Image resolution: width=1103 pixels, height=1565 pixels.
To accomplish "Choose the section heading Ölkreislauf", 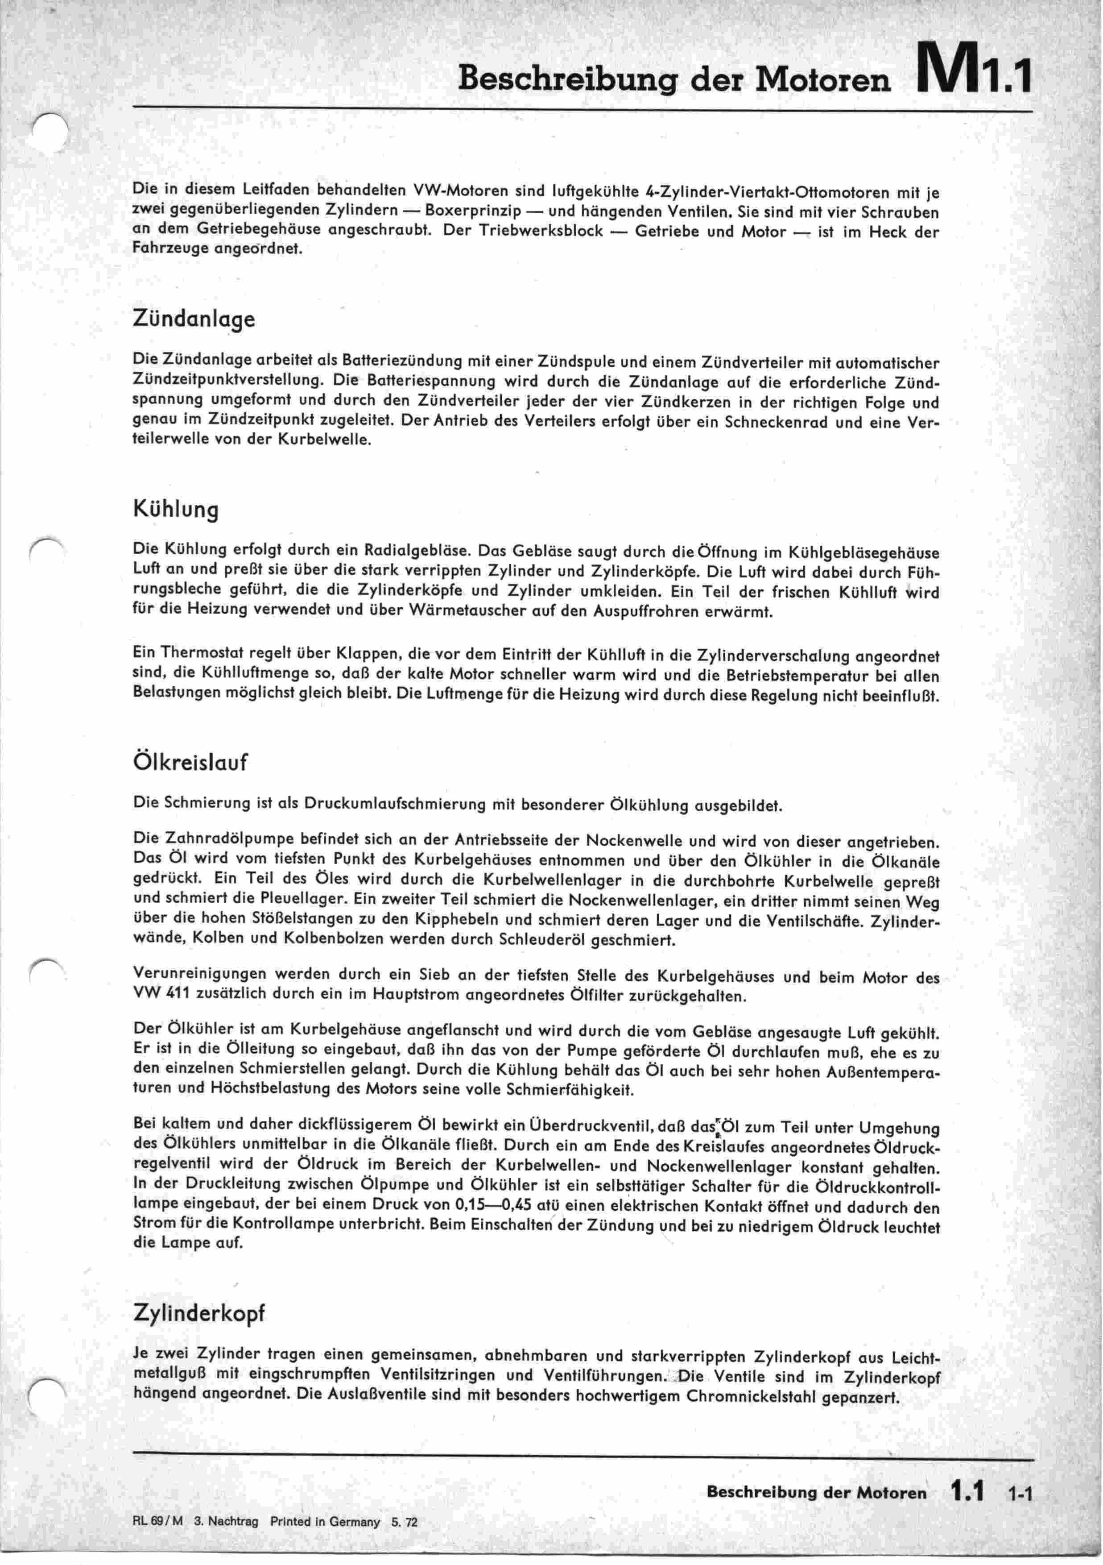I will (190, 761).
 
